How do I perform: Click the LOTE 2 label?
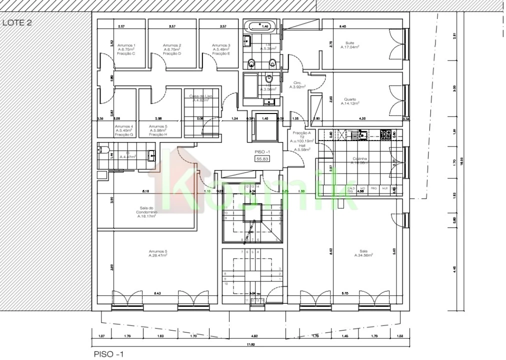pyautogui.click(x=17, y=22)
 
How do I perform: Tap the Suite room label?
pyautogui.click(x=350, y=45)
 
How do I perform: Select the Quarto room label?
pyautogui.click(x=350, y=101)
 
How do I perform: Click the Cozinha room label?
pyautogui.click(x=358, y=160)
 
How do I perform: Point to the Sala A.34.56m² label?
pyautogui.click(x=363, y=253)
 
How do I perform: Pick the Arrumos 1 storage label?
pyautogui.click(x=126, y=49)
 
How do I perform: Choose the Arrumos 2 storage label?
pyautogui.click(x=172, y=49)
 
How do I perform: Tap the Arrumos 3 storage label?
pyautogui.click(x=220, y=49)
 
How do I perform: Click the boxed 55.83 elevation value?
pyautogui.click(x=262, y=158)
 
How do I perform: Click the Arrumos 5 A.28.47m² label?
pyautogui.click(x=157, y=253)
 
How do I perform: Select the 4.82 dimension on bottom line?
pyautogui.click(x=253, y=336)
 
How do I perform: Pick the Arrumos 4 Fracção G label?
pyautogui.click(x=124, y=130)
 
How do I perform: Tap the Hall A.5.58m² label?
pyautogui.click(x=302, y=147)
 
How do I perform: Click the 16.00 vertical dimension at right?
pyautogui.click(x=461, y=160)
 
